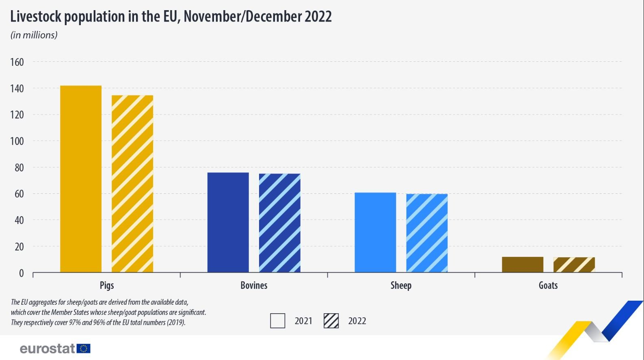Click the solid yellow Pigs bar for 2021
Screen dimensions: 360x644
pos(81,179)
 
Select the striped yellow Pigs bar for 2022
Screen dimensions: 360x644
pos(132,184)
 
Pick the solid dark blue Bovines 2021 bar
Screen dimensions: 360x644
pos(228,222)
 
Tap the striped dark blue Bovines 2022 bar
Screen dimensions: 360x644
pos(280,223)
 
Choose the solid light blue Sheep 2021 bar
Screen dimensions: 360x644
pos(375,232)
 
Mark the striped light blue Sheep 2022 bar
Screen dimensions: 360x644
pos(427,233)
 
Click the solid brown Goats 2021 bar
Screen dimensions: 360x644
pos(523,265)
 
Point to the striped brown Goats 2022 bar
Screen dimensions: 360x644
pos(574,265)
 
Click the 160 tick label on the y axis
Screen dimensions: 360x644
pos(17,62)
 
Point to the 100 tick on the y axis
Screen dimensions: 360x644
pos(17,141)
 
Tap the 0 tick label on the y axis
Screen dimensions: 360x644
pos(21,273)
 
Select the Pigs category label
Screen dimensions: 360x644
pos(107,285)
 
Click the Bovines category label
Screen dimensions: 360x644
pos(254,285)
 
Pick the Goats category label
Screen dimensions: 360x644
pos(548,285)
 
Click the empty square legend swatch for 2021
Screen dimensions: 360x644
pos(278,321)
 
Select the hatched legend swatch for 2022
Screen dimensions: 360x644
pos(331,321)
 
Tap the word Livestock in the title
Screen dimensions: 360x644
pos(36,17)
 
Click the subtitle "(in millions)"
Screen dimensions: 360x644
pos(34,35)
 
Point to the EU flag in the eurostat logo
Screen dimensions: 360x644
pos(84,349)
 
